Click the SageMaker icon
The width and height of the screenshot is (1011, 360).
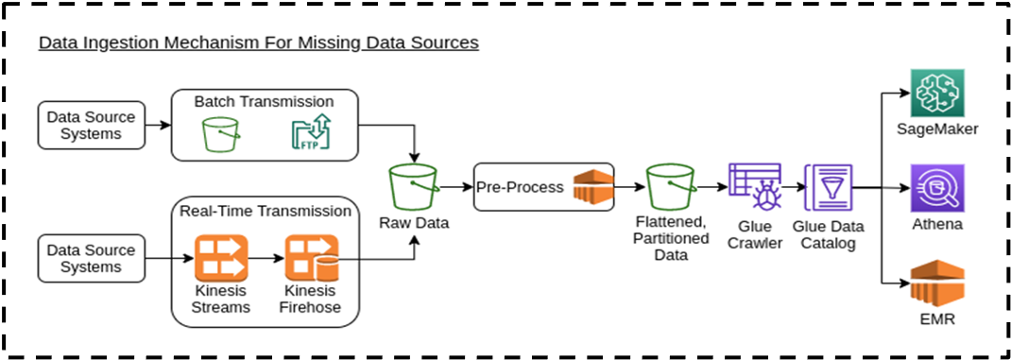tap(934, 93)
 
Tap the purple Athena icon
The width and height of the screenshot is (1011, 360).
tap(934, 187)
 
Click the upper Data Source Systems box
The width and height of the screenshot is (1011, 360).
tap(92, 126)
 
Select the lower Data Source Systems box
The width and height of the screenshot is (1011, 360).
tap(92, 258)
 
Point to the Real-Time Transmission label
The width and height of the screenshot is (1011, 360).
tap(265, 211)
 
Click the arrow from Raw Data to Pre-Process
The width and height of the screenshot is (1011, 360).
tap(456, 187)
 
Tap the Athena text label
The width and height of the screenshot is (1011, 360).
tap(934, 224)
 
